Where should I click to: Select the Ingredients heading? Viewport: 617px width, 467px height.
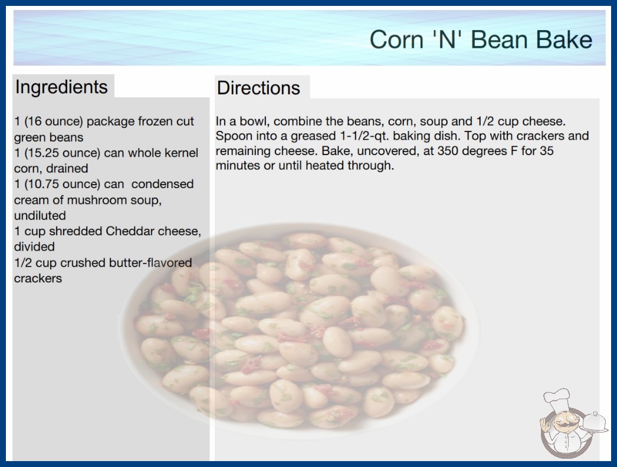[61, 87]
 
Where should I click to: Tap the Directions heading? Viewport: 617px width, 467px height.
[258, 88]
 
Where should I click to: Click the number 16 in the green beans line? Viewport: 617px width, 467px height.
[32, 121]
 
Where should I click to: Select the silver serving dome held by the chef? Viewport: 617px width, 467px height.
[594, 423]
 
